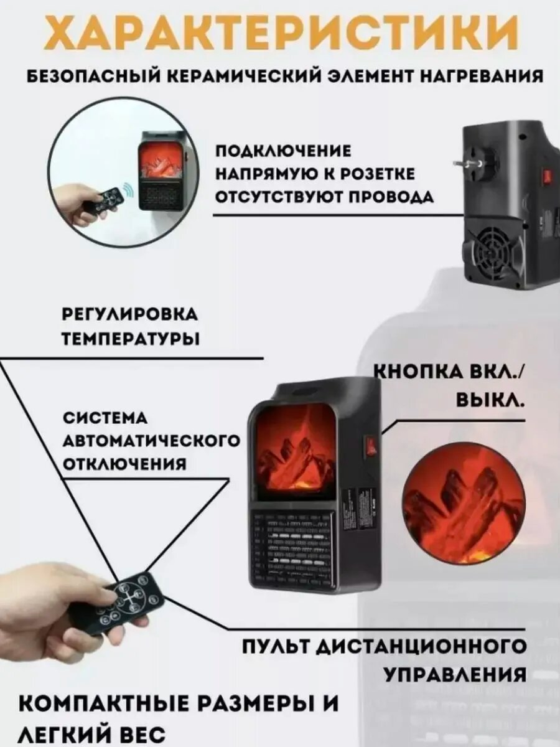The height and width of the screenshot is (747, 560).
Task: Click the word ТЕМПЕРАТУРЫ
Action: [x=131, y=339]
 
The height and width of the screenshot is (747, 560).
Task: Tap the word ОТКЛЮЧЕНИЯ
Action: [x=124, y=464]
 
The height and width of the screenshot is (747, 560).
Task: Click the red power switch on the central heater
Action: [x=370, y=446]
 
